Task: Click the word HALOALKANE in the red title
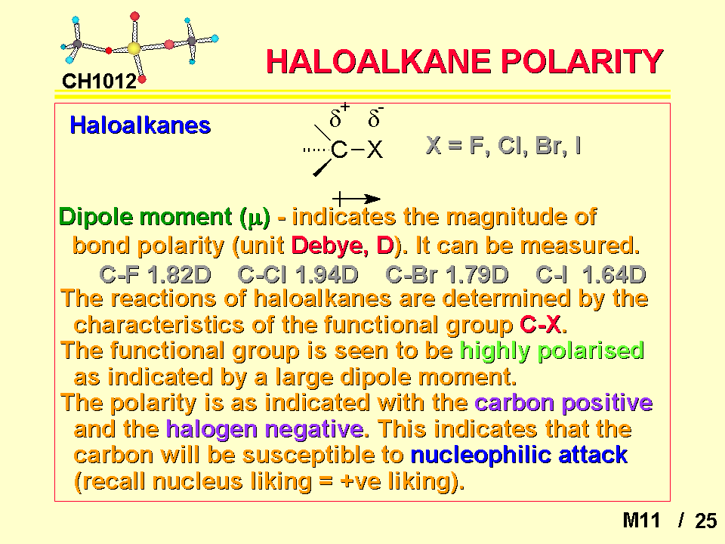(378, 62)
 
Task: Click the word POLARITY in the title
(582, 62)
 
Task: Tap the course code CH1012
(99, 82)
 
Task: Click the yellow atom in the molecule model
(134, 48)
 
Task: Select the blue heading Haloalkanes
(140, 125)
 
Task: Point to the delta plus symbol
(339, 116)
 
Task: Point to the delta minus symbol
(375, 116)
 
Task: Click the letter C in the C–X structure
(339, 150)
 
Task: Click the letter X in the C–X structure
(375, 150)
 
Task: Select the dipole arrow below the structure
(356, 199)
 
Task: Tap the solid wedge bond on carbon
(322, 168)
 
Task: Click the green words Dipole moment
(145, 217)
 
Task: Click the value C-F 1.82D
(156, 275)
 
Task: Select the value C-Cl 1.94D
(298, 275)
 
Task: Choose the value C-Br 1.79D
(447, 275)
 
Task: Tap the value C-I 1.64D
(591, 275)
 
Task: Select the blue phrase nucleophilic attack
(520, 455)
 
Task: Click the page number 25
(705, 521)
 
